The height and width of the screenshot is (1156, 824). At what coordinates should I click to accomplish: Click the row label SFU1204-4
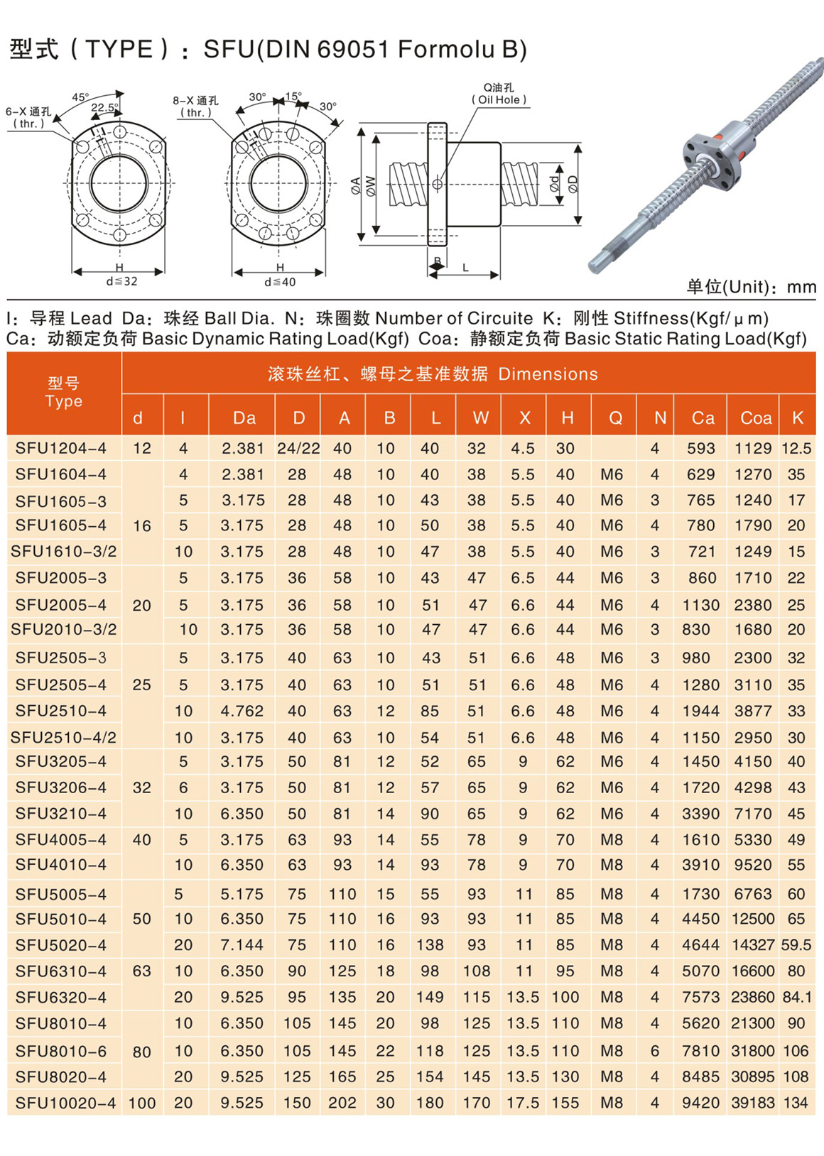pyautogui.click(x=61, y=448)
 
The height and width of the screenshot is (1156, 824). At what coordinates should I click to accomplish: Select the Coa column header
pyautogui.click(x=756, y=418)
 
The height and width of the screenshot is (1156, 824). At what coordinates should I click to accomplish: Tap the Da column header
pyautogui.click(x=244, y=418)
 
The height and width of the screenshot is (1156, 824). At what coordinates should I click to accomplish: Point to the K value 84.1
pyautogui.click(x=797, y=997)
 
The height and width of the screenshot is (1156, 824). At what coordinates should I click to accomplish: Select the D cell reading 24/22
pyautogui.click(x=298, y=448)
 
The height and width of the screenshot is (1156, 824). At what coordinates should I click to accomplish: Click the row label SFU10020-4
pyautogui.click(x=65, y=1103)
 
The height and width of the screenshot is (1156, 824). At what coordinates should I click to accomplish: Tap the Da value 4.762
pyautogui.click(x=242, y=711)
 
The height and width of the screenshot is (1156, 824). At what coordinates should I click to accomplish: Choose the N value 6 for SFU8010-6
pyautogui.click(x=655, y=1051)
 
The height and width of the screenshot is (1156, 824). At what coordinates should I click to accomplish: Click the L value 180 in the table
pyautogui.click(x=430, y=1103)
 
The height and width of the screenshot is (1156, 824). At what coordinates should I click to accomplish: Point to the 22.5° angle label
pyautogui.click(x=104, y=108)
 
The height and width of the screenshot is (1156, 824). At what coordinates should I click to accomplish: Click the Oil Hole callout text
pyautogui.click(x=499, y=100)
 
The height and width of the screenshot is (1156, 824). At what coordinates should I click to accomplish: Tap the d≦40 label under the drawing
pyautogui.click(x=280, y=282)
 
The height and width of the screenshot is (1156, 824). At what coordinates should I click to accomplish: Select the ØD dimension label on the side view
pyautogui.click(x=573, y=183)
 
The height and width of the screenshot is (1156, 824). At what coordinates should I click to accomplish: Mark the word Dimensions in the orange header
pyautogui.click(x=548, y=374)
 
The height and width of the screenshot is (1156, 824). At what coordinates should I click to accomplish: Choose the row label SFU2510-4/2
pyautogui.click(x=63, y=737)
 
